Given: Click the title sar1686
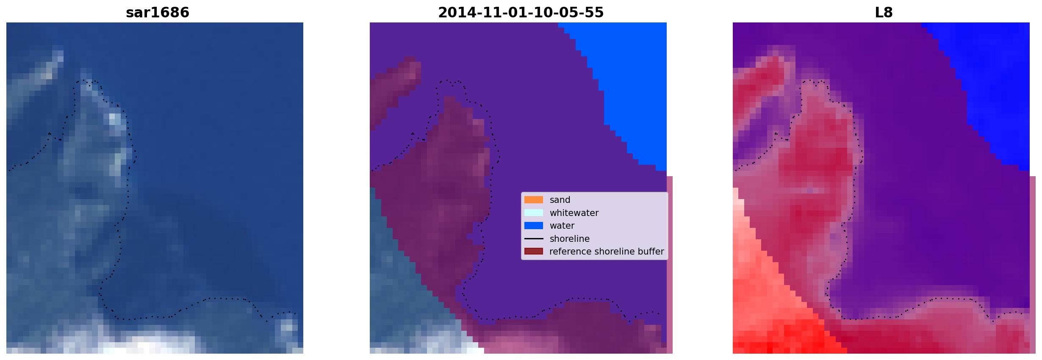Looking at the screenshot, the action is point(158,13).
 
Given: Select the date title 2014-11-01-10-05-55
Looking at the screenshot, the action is point(521,13).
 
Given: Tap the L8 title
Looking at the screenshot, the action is point(884,13).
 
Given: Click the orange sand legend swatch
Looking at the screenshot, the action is point(534,200).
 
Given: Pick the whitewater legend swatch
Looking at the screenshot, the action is point(534,213).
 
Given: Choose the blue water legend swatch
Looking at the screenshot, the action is point(534,226).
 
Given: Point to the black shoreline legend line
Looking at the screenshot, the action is point(534,239).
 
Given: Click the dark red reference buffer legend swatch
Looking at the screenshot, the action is point(534,252).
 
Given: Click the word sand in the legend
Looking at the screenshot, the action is point(560,200).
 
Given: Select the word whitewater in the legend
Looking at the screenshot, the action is point(574,213).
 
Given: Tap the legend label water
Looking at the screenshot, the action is point(562,226).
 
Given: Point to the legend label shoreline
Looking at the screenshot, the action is point(570,239).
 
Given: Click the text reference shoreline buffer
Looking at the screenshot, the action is point(607,252).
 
